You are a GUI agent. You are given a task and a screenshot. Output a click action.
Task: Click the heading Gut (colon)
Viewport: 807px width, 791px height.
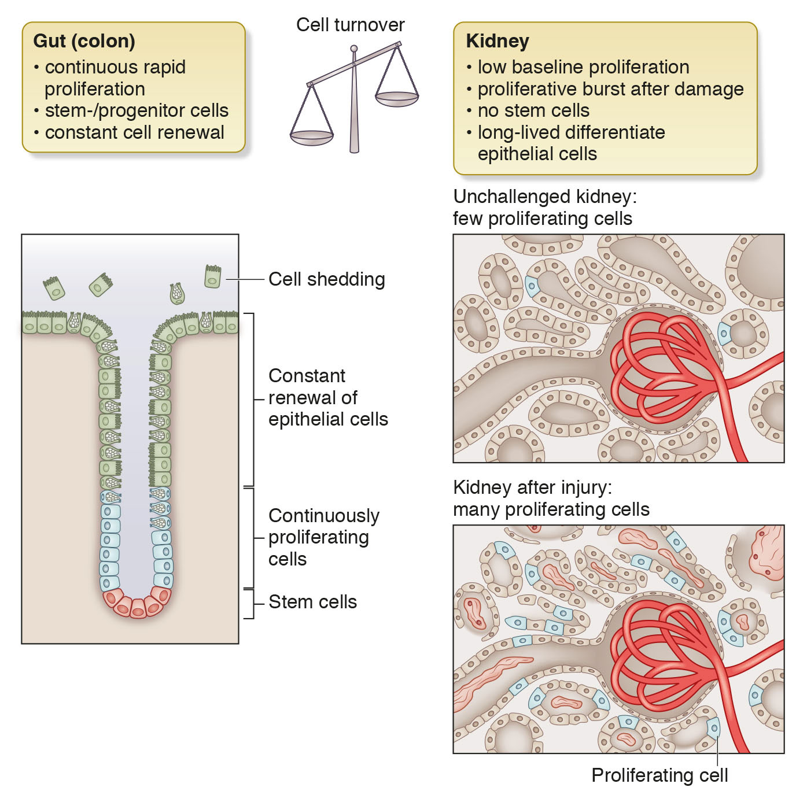click(84, 41)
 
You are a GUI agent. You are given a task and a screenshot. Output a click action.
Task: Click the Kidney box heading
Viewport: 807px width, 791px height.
click(497, 41)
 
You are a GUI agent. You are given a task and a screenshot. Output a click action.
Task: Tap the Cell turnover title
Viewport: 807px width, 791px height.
click(350, 25)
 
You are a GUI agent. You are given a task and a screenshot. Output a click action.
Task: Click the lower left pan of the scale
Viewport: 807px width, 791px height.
click(312, 138)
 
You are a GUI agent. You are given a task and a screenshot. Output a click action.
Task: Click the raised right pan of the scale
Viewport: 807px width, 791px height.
click(397, 99)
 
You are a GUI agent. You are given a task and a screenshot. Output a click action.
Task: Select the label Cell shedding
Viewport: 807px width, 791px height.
click(326, 279)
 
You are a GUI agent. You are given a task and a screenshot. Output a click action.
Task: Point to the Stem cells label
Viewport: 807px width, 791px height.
click(312, 602)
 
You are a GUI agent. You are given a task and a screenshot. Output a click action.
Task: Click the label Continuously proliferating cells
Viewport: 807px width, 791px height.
click(323, 537)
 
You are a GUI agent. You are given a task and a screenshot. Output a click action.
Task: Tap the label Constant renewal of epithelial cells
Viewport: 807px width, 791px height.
click(327, 397)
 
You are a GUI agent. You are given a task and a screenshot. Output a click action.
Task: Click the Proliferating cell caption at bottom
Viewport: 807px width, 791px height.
click(659, 775)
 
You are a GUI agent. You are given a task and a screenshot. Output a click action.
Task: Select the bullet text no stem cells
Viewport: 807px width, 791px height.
click(533, 110)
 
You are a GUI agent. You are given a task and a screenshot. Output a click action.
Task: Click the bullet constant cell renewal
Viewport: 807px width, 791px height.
click(134, 132)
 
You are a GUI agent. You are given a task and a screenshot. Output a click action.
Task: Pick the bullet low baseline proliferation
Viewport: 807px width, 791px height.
click(583, 67)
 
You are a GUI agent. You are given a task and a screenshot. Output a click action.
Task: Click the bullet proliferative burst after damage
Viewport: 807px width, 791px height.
click(610, 89)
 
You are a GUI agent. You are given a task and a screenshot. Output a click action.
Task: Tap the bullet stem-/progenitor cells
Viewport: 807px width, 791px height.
click(137, 110)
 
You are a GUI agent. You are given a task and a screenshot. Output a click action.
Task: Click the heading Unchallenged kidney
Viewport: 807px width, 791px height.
click(544, 197)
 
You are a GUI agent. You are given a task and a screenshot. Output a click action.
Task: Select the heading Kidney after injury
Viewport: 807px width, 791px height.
click(532, 487)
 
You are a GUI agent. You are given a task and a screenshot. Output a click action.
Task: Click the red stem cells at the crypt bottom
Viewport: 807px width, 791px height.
click(137, 605)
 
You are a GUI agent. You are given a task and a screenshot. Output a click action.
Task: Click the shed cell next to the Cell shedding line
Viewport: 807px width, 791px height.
click(213, 277)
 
